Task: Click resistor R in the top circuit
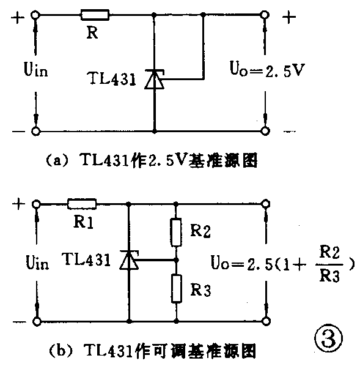click(95, 15)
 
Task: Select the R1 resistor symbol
click(82, 204)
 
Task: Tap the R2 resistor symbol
click(176, 231)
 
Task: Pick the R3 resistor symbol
click(176, 288)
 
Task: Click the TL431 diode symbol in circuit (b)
click(129, 260)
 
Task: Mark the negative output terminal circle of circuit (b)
click(265, 321)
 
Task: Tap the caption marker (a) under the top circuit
click(53, 161)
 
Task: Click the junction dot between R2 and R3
click(176, 260)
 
